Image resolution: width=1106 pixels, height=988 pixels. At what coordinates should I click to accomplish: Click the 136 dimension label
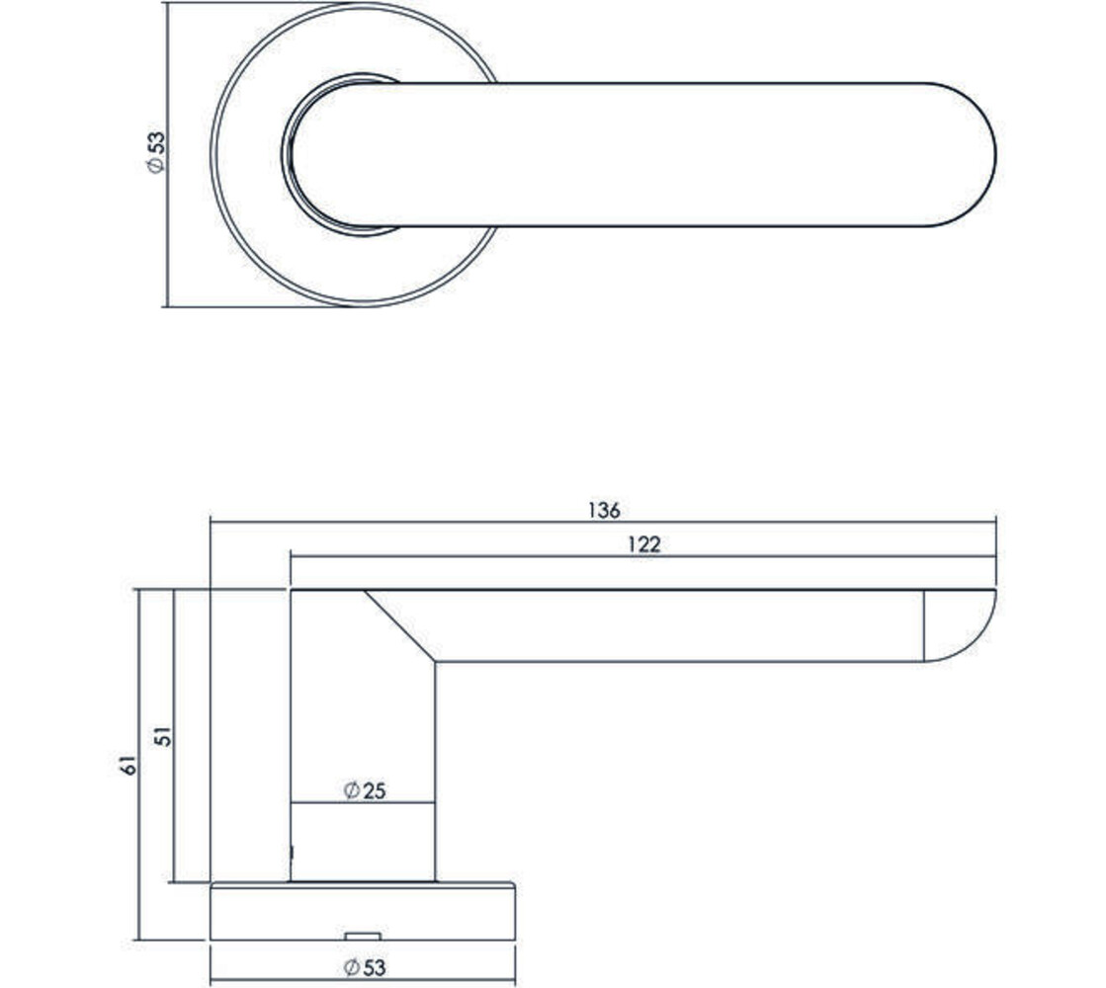click(x=603, y=510)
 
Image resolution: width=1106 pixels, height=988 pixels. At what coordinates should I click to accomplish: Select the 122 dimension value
click(x=642, y=544)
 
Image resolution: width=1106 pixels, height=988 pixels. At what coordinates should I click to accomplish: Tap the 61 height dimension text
click(x=126, y=764)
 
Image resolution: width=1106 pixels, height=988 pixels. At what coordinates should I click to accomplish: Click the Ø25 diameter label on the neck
click(x=363, y=790)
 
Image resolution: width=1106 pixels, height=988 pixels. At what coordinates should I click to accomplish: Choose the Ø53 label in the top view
click(x=154, y=153)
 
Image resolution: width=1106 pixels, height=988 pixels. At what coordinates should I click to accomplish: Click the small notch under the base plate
click(x=363, y=935)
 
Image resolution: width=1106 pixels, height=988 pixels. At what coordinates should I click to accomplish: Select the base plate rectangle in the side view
click(x=363, y=911)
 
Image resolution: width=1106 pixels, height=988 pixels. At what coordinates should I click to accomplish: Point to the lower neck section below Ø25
click(x=363, y=842)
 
